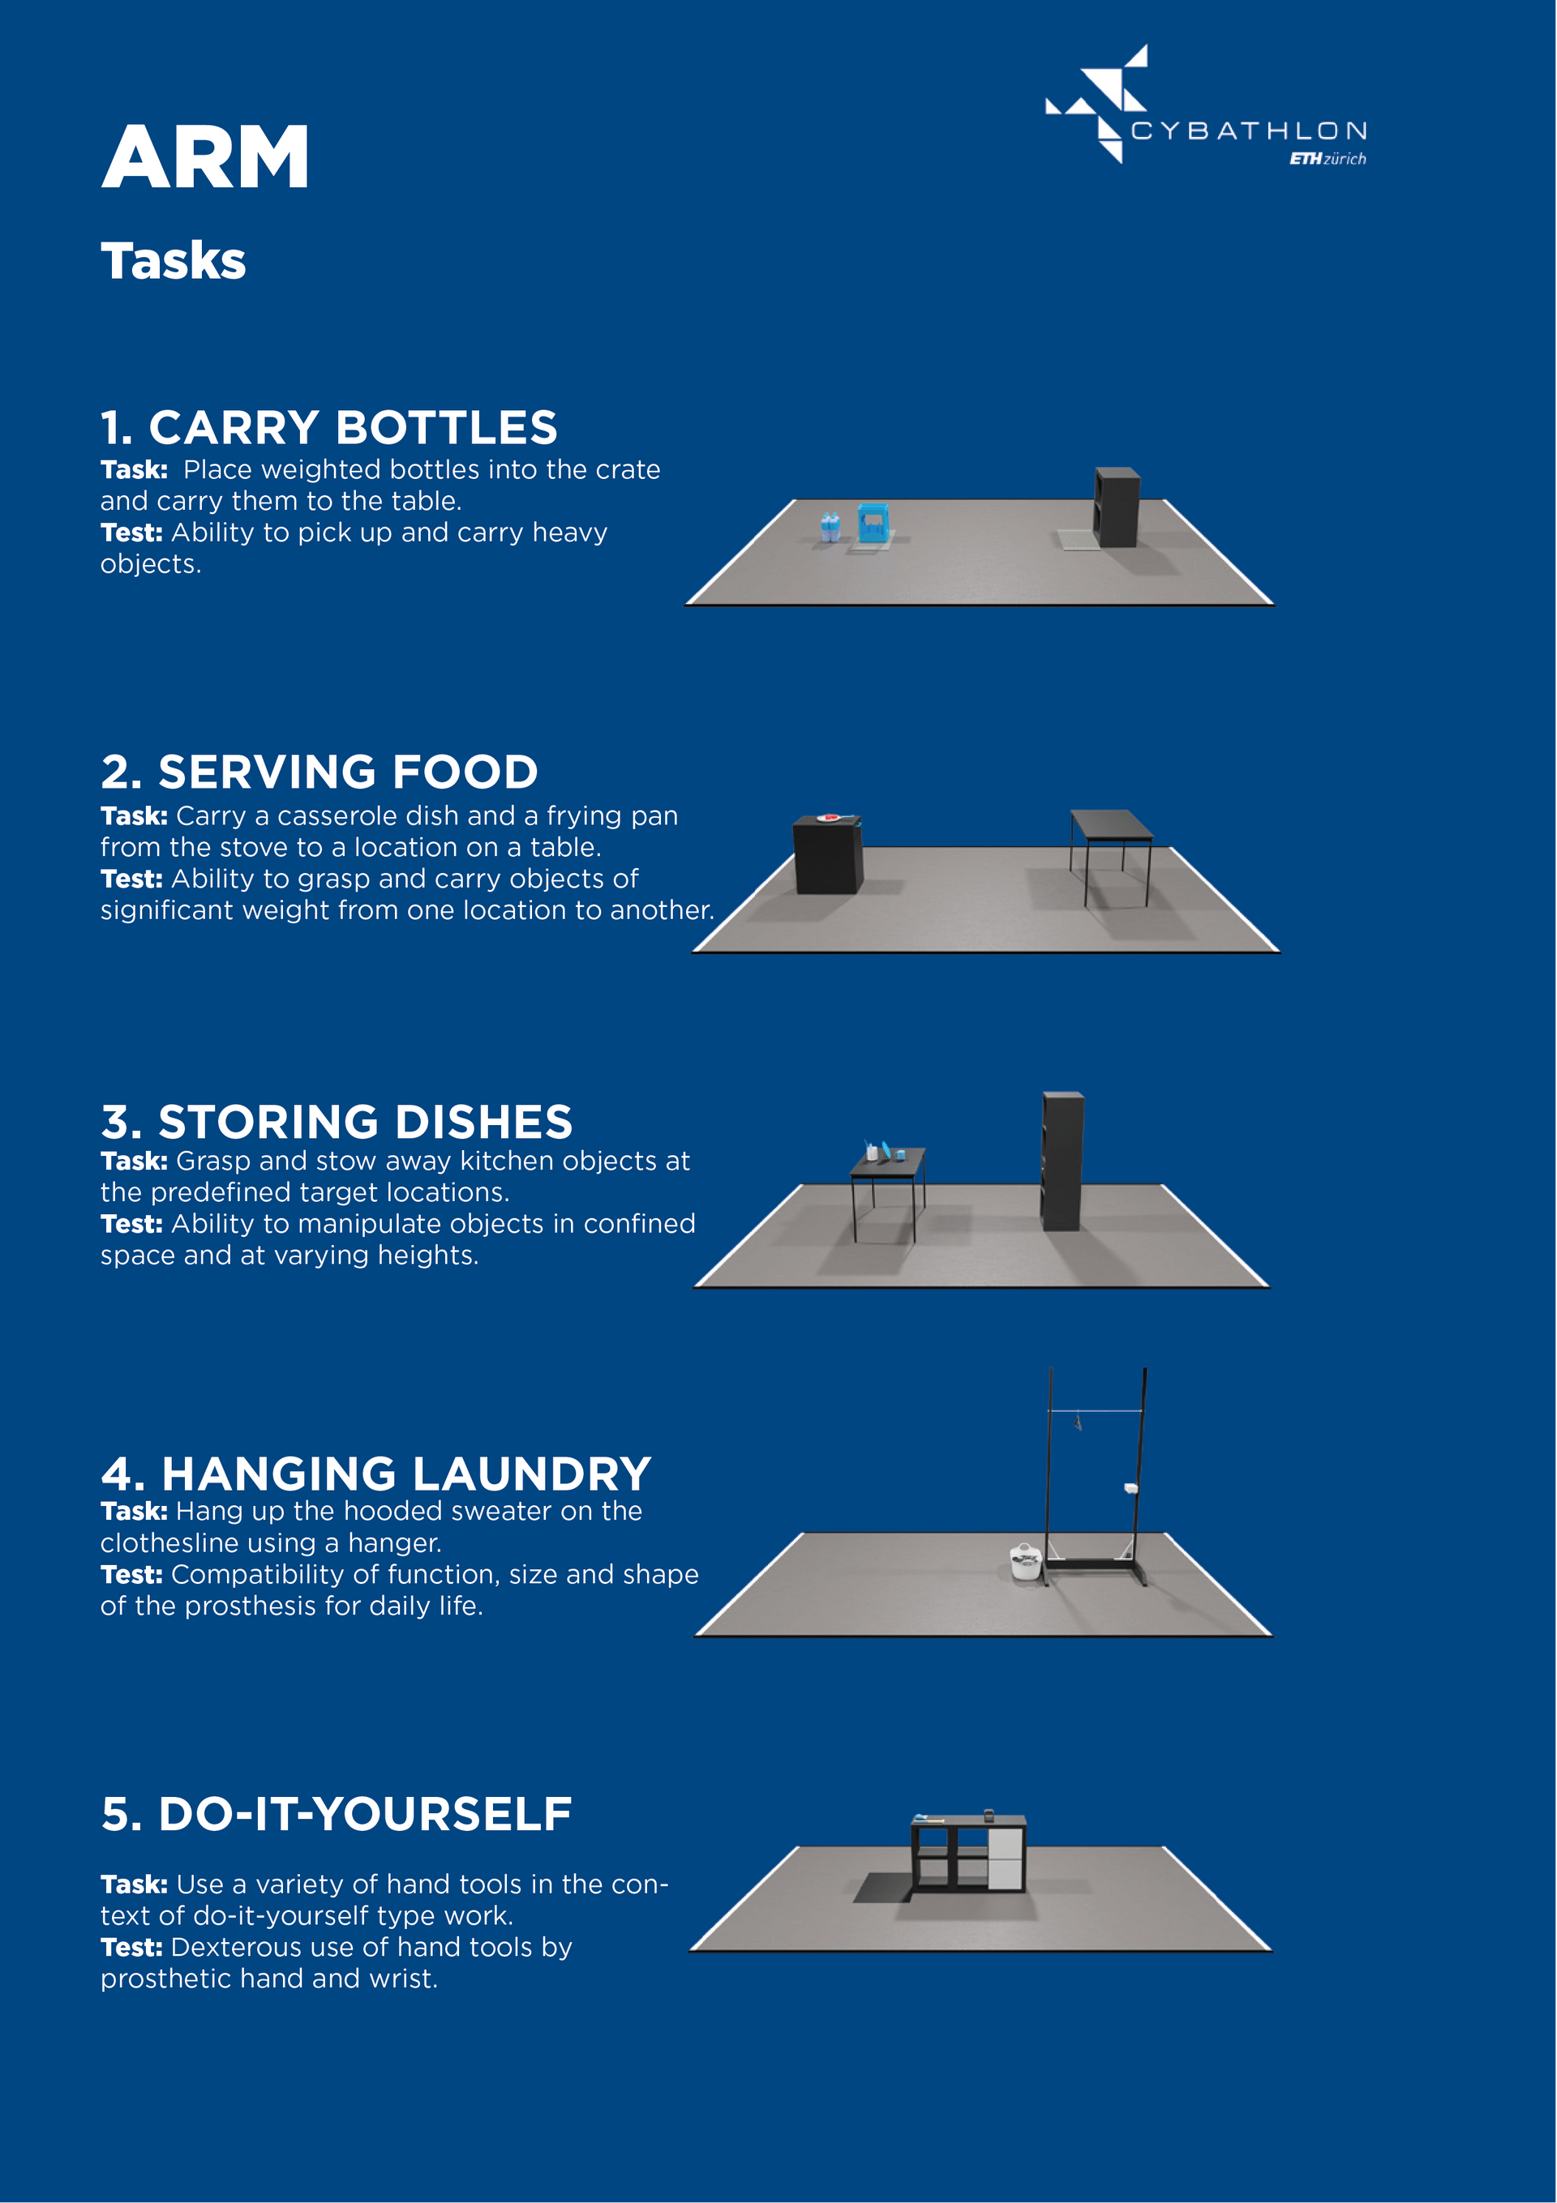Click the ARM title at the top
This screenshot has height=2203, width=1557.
pos(204,157)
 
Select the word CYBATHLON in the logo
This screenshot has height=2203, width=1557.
pos(1249,130)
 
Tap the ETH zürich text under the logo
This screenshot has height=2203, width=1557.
pos(1328,158)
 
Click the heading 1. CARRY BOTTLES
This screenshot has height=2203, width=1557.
pos(329,428)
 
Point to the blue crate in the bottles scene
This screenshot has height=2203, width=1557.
pos(873,523)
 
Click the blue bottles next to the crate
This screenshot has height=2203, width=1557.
pos(830,528)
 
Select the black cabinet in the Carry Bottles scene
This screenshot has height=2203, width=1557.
pos(1117,507)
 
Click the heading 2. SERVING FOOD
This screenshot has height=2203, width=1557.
pos(320,772)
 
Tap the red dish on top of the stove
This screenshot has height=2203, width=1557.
pos(830,818)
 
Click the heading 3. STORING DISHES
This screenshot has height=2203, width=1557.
pos(337,1122)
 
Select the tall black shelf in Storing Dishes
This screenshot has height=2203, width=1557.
pos(1062,1161)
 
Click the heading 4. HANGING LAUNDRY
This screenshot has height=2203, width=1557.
pos(376,1474)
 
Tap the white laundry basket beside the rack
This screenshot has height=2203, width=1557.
pos(1025,1561)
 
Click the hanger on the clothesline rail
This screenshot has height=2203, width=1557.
pos(1078,1421)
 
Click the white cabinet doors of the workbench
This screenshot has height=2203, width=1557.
pos(1005,1859)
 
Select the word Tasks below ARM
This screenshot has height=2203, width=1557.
pos(174,261)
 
